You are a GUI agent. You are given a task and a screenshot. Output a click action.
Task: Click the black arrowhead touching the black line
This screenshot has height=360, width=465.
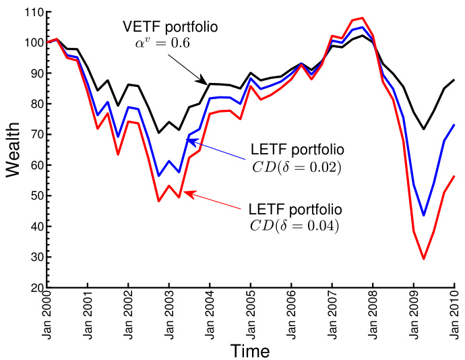pos(204,81)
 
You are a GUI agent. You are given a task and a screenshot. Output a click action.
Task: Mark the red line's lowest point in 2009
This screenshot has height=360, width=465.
pos(424,259)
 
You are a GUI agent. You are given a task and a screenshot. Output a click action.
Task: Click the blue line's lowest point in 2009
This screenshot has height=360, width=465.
pos(424,215)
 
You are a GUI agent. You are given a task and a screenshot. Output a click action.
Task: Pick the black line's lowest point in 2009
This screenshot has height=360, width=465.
pos(424,129)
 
